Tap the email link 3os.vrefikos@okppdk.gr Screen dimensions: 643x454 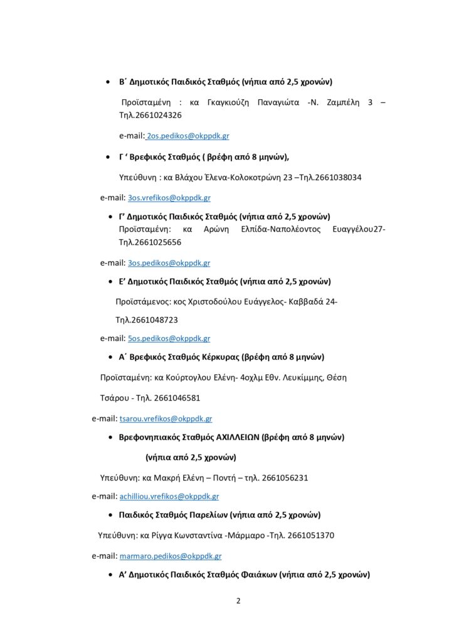pos(169,198)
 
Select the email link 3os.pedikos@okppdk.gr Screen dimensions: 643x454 pos(169,263)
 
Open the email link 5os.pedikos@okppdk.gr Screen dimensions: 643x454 pos(169,338)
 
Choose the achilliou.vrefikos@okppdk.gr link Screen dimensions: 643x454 pos(169,496)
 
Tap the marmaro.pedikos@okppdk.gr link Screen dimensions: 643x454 pos(170,556)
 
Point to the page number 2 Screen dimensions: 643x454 pos(238,600)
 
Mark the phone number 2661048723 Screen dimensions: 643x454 pos(156,320)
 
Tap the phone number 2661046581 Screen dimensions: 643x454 pos(182,397)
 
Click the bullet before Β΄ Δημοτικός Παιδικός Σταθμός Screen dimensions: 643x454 pos(106,82)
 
